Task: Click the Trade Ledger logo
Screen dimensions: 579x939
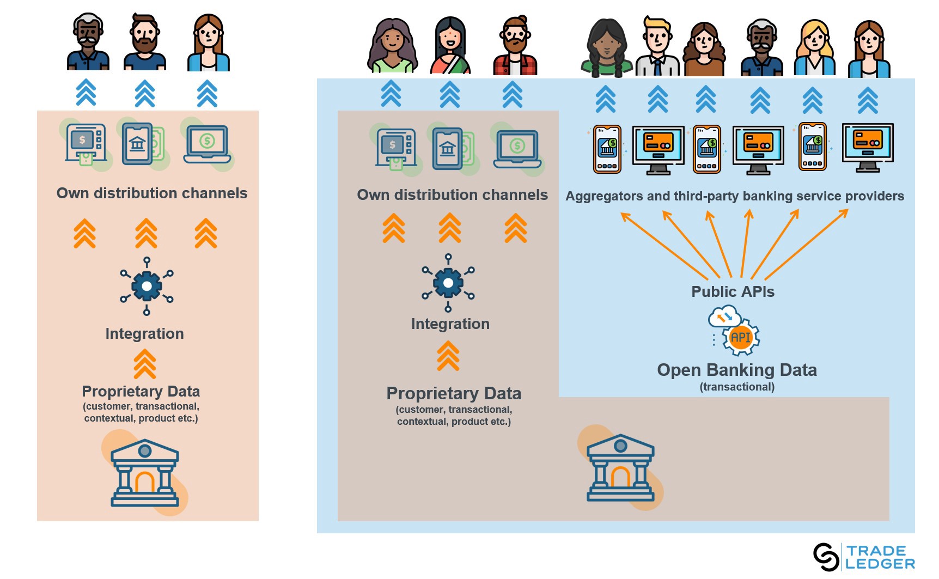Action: click(x=863, y=557)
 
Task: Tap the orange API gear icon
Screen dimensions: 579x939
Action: click(x=740, y=337)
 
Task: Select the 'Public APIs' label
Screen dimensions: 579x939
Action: click(x=733, y=292)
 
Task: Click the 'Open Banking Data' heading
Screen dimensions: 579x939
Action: click(x=736, y=370)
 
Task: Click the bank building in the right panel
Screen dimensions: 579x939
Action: click(x=620, y=468)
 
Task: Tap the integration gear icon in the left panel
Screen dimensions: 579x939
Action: click(x=147, y=286)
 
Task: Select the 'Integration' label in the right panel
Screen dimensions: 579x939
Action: click(x=450, y=324)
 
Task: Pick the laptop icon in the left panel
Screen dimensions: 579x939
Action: click(x=207, y=144)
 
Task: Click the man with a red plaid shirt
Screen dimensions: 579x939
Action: click(x=515, y=46)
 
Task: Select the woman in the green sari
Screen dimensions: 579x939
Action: click(x=450, y=46)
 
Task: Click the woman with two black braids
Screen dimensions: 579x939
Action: click(x=606, y=48)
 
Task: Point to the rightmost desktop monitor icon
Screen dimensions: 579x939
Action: click(x=868, y=147)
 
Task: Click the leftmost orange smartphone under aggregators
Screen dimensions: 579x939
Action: click(x=607, y=149)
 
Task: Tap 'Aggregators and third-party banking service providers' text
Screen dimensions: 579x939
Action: click(x=734, y=196)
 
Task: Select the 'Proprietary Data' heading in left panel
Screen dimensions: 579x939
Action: click(x=141, y=392)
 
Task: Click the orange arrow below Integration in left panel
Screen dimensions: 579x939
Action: click(x=145, y=364)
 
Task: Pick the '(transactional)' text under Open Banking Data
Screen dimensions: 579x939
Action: click(x=736, y=387)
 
